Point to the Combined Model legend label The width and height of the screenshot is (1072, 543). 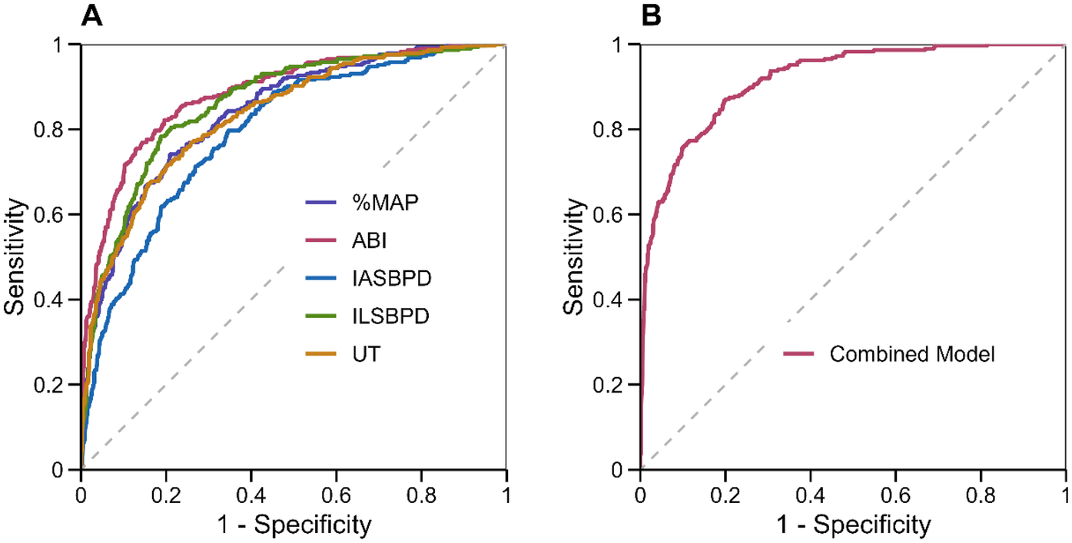(x=912, y=354)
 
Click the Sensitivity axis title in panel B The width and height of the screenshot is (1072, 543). (x=574, y=257)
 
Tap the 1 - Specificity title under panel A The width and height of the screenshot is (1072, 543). (x=294, y=525)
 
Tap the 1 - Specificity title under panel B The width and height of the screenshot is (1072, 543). (x=853, y=525)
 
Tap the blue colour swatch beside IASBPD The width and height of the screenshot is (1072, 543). (x=317, y=278)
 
